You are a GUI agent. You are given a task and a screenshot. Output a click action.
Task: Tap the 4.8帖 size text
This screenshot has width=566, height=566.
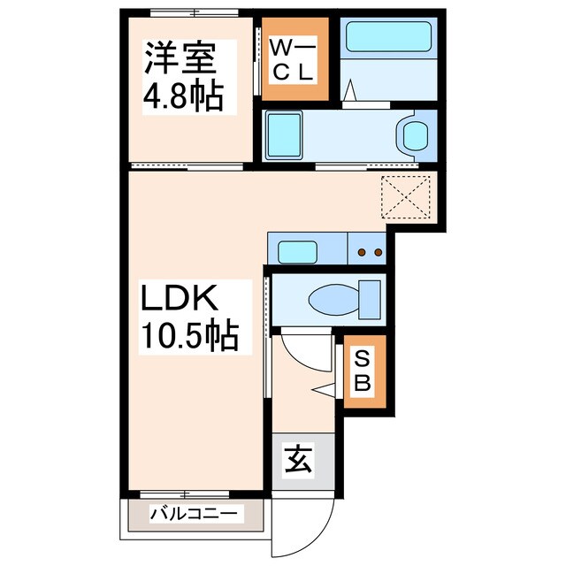184,96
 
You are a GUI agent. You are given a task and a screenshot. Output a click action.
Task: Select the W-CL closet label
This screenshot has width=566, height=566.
292,60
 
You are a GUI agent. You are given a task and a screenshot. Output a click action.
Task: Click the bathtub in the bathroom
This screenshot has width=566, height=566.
386,37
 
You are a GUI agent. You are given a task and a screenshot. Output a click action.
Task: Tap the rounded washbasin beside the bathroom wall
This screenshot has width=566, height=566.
414,135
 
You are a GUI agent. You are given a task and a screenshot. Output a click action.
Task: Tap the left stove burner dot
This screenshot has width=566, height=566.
362,253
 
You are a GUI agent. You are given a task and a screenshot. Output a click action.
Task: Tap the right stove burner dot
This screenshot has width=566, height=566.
378,253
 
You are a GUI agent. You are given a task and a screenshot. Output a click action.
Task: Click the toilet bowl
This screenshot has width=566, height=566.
329,299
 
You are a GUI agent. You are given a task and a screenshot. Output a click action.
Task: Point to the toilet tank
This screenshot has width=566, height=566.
369,298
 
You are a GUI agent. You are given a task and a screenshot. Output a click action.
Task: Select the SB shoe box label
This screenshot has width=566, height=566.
364,371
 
